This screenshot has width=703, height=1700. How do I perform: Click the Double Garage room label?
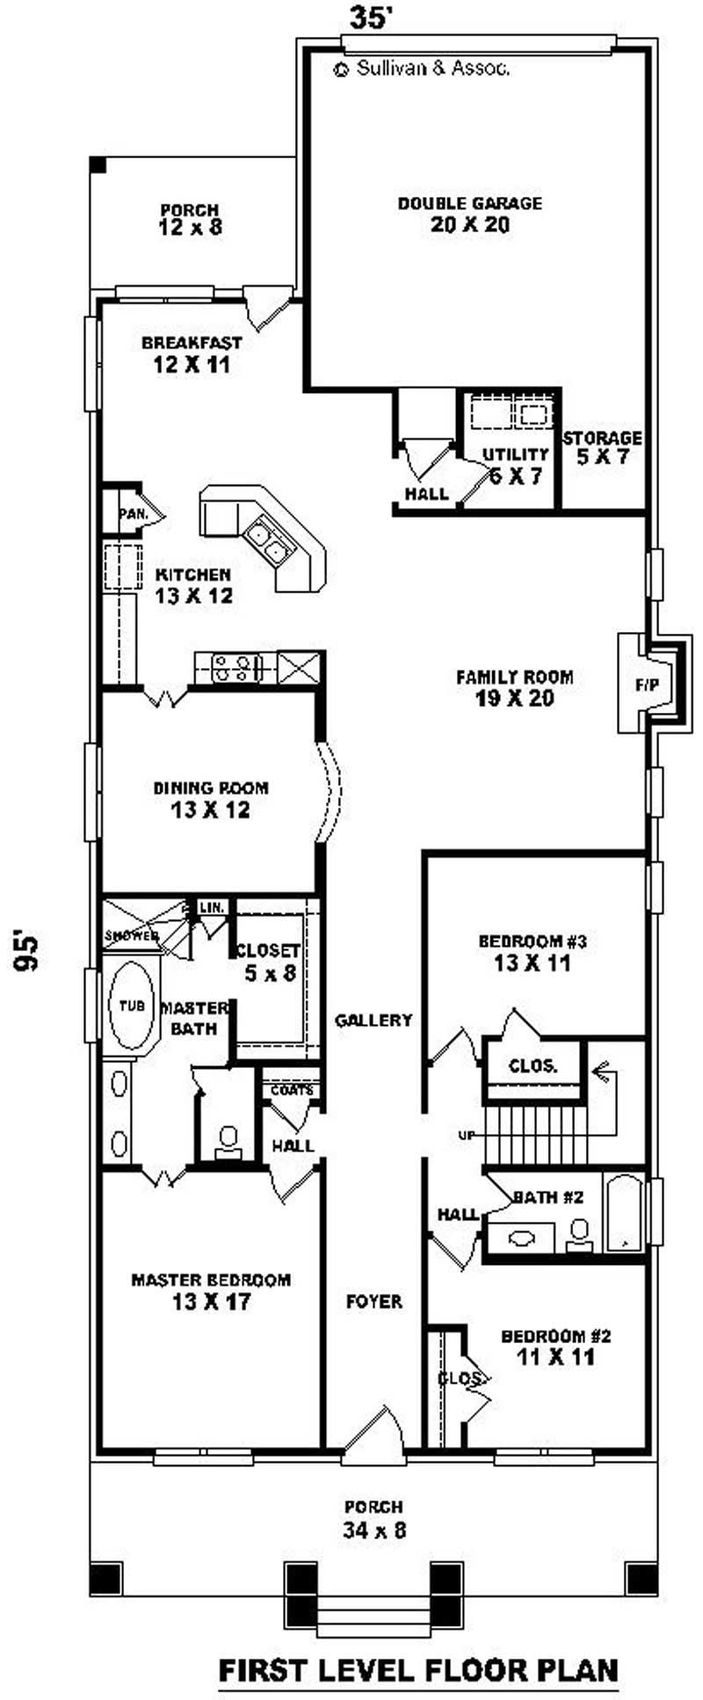click(x=470, y=214)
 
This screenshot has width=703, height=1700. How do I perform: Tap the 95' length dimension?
click(x=28, y=951)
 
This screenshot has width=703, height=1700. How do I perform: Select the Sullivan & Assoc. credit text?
click(x=422, y=69)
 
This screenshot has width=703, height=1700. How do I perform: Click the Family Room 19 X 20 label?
click(x=514, y=688)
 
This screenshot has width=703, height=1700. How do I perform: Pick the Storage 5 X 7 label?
click(x=603, y=447)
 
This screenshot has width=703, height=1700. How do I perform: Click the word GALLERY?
click(x=373, y=1021)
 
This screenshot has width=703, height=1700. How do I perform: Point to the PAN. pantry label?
click(x=133, y=512)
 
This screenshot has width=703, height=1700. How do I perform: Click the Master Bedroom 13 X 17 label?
click(x=211, y=1290)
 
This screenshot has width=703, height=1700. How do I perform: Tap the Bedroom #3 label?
click(x=532, y=952)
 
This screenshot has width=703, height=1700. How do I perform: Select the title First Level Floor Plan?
click(x=417, y=1668)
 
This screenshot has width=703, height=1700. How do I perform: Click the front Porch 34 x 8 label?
click(x=374, y=1519)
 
